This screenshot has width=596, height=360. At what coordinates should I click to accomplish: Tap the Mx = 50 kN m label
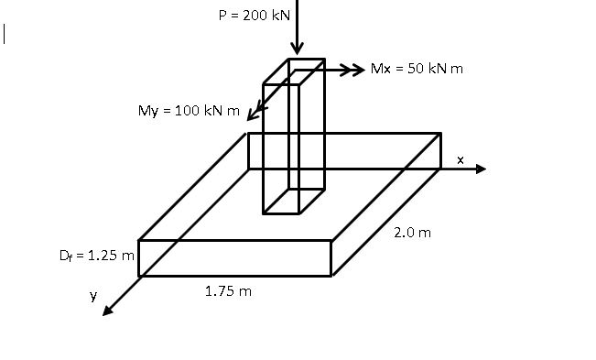point(417,69)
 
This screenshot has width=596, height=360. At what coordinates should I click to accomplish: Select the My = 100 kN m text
point(189,111)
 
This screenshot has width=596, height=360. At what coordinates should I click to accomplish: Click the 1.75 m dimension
point(228,291)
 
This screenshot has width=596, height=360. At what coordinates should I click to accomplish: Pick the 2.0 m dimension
point(412,233)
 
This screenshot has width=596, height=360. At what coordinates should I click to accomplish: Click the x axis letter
point(461,160)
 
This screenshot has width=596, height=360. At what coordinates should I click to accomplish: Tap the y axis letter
point(92,295)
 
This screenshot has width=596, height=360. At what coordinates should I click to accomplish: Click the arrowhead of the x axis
point(482,169)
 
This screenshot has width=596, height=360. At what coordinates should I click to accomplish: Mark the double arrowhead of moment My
point(255,111)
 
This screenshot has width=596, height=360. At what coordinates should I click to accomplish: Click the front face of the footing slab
point(233,257)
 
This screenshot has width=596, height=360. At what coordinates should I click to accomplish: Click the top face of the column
point(294,72)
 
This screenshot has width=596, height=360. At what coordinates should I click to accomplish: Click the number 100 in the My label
point(187,111)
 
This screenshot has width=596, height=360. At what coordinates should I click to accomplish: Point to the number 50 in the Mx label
point(413,69)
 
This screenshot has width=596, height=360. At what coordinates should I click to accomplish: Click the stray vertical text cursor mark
point(5,34)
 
